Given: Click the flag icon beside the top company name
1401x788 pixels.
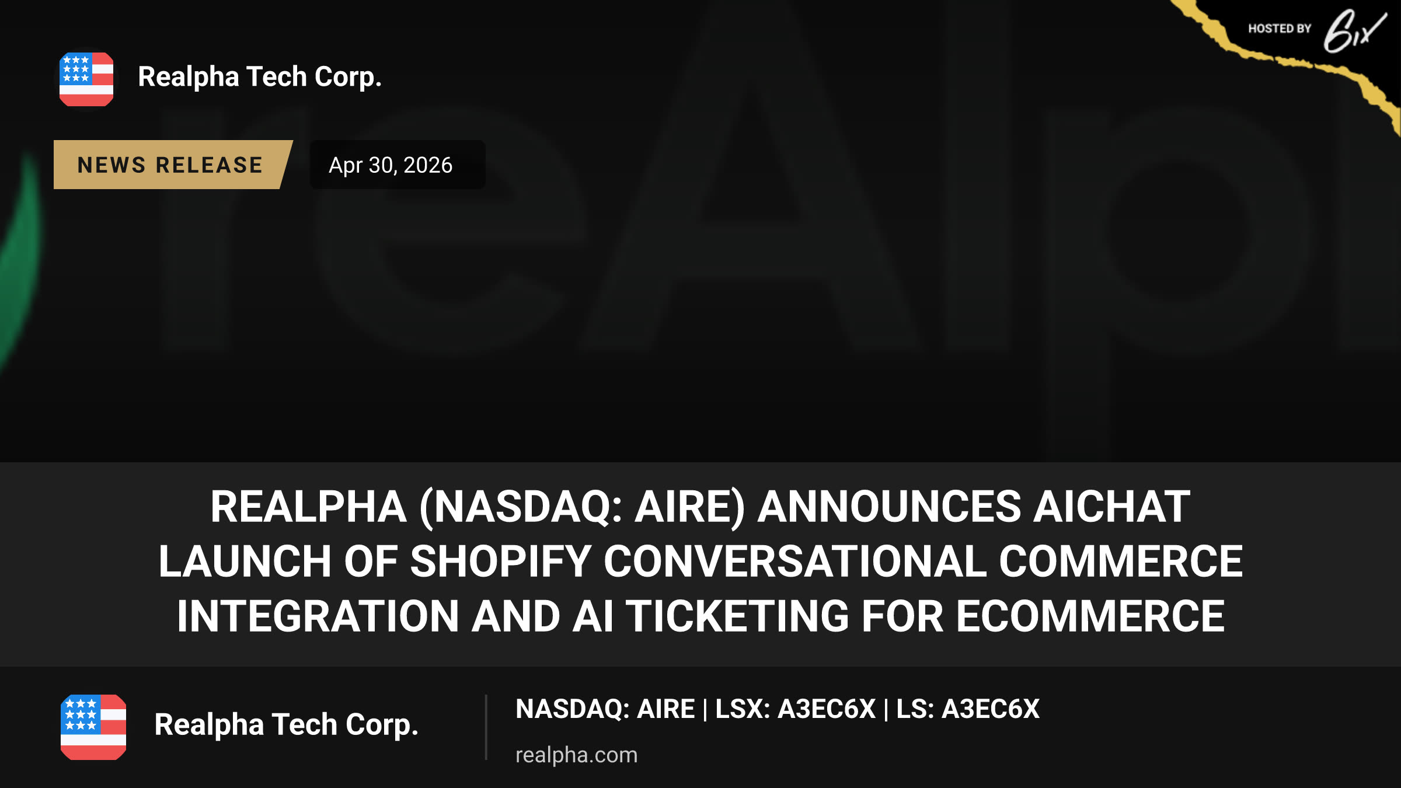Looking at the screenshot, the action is (x=86, y=79).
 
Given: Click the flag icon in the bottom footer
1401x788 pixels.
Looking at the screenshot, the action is (x=93, y=727).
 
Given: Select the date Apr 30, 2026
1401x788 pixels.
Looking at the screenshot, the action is (x=391, y=165).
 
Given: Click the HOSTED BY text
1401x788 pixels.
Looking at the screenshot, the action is (x=1280, y=29).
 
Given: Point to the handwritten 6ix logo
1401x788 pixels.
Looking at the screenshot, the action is (x=1354, y=31).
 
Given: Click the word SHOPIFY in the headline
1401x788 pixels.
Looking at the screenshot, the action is (x=501, y=562).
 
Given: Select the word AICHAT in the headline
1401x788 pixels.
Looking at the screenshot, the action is (x=1111, y=507).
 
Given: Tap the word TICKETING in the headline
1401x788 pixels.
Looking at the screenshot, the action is (x=738, y=616).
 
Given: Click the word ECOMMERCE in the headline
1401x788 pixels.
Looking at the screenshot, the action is (x=1090, y=616).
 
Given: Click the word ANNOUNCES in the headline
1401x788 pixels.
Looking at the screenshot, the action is (x=889, y=507).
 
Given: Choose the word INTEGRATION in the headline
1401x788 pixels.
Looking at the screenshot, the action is (x=318, y=616).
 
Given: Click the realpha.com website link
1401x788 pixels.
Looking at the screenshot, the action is (x=576, y=755).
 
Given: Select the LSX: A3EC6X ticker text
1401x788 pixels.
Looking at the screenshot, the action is (x=795, y=709).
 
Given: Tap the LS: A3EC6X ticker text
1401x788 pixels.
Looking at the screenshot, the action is (x=968, y=709).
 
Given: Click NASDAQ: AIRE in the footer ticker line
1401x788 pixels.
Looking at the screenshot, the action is (x=605, y=709).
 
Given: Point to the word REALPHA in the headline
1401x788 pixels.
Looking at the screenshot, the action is (x=308, y=507).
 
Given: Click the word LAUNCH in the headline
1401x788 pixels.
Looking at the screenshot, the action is (x=245, y=562).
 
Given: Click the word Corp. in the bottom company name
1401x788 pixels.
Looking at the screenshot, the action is (x=382, y=725).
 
